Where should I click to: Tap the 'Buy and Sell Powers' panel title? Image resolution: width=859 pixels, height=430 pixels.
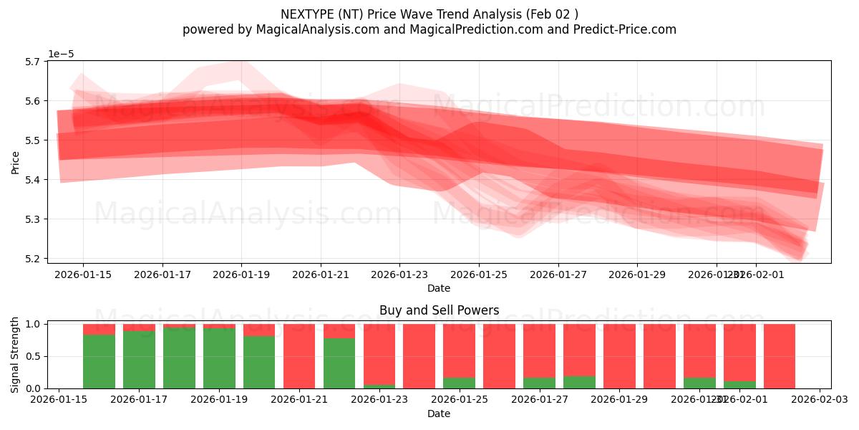pyautogui.click(x=439, y=310)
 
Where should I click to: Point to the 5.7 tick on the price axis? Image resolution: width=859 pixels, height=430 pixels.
pyautogui.click(x=31, y=62)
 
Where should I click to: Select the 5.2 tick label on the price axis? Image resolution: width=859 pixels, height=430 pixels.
pyautogui.click(x=31, y=259)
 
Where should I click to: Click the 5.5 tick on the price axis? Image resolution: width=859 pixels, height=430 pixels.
pyautogui.click(x=31, y=140)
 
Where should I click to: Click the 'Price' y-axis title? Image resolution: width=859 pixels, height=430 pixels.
pyautogui.click(x=16, y=162)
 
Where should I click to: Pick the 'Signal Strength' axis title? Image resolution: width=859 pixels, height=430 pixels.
pyautogui.click(x=16, y=355)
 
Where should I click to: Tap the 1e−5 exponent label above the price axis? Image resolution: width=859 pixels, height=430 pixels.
pyautogui.click(x=61, y=54)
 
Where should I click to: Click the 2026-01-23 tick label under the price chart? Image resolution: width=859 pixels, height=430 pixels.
pyautogui.click(x=399, y=274)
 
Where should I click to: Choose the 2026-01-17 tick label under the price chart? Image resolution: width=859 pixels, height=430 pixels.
pyautogui.click(x=162, y=274)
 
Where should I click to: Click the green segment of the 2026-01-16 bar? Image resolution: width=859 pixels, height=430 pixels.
pyautogui.click(x=99, y=361)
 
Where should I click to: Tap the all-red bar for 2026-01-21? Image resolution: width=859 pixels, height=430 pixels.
pyautogui.click(x=299, y=356)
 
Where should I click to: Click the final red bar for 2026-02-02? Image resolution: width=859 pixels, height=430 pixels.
pyautogui.click(x=780, y=356)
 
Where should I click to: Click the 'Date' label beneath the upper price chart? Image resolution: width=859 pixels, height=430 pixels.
pyautogui.click(x=439, y=288)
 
